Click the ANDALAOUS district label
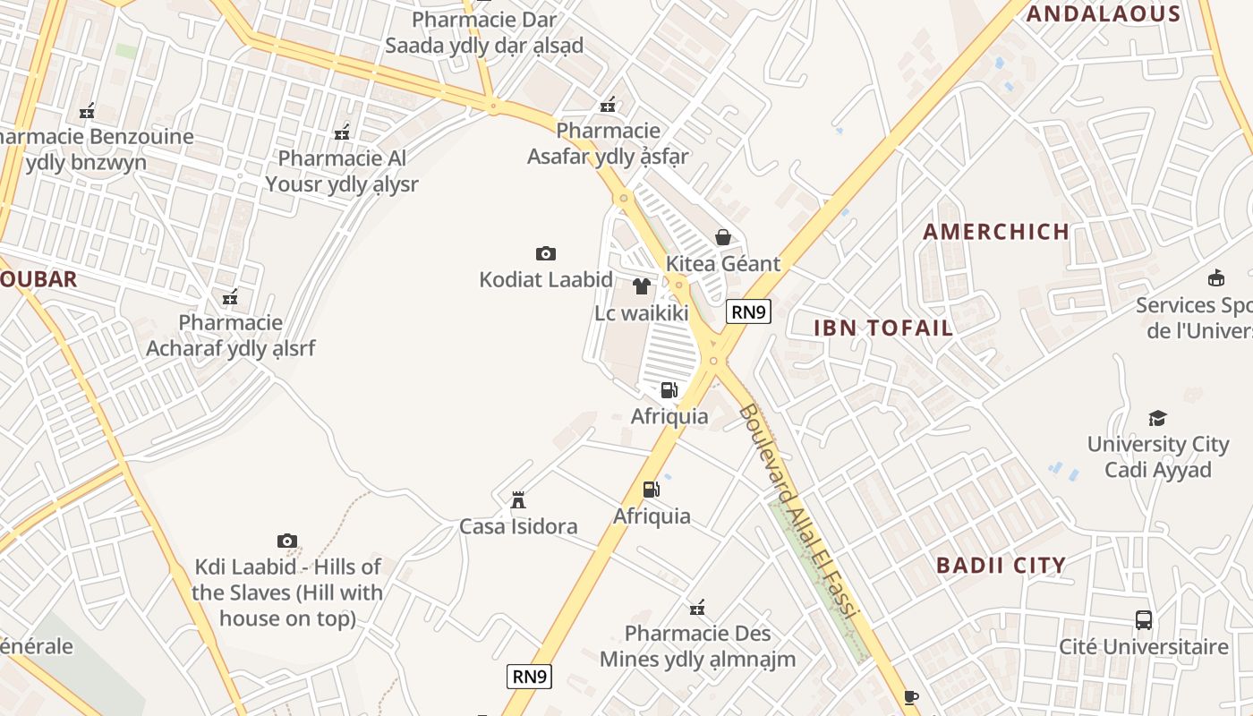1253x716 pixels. pos(1103,13)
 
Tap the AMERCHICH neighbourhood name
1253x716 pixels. pos(996,232)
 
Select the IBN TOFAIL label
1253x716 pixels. pos(883,328)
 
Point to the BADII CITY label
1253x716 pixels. pos(1001,566)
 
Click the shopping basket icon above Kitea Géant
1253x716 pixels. pos(723,237)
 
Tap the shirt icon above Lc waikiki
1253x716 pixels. pos(642,286)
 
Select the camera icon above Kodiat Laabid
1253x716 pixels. pos(545,253)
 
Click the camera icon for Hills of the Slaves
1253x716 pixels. pos(286,541)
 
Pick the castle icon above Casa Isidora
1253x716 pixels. pos(517,499)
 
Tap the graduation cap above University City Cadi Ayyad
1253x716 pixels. pos(1157,418)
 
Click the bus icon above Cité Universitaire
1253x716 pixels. pos(1143,619)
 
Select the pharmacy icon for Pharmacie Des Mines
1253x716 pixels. pos(697,609)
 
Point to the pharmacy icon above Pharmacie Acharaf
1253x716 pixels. pos(230,297)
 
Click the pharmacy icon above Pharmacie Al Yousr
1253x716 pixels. pos(342,132)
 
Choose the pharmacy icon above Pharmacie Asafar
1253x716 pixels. pos(608,105)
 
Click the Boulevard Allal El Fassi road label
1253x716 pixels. pos(797,510)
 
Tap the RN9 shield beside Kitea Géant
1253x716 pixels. pos(748,311)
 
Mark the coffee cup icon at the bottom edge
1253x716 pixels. pos(910,697)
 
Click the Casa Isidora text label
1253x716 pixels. pos(518,526)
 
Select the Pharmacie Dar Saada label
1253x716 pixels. pos(483,32)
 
